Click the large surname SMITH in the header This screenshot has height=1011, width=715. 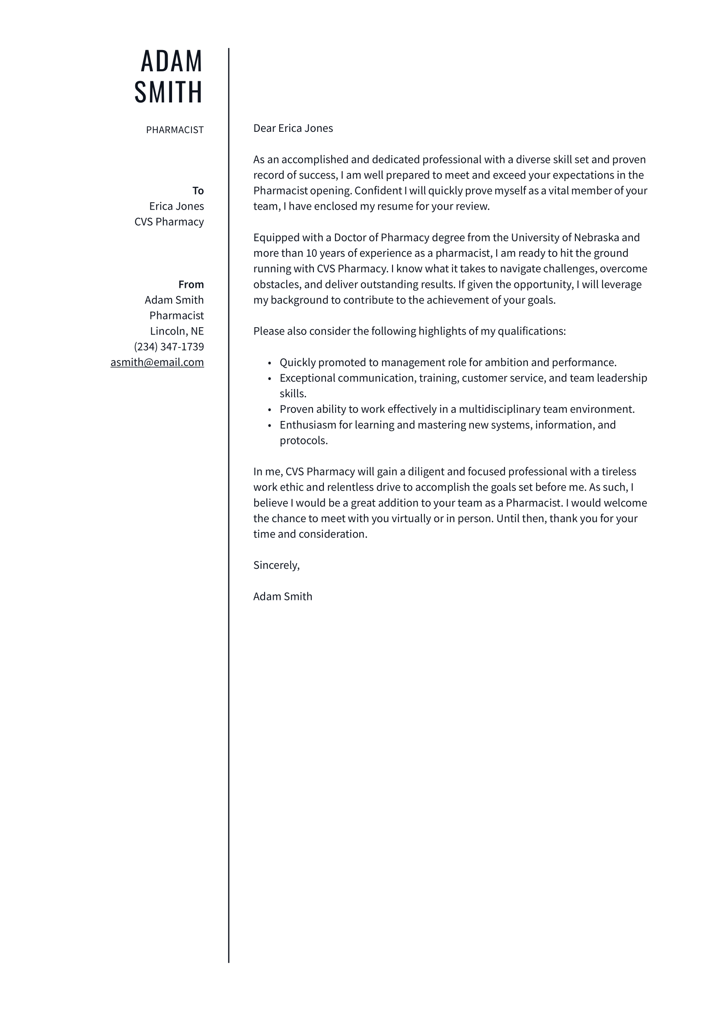[x=169, y=92]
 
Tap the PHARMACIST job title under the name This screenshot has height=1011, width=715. [x=175, y=130]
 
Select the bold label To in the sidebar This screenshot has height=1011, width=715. [x=198, y=191]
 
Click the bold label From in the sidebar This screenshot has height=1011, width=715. [x=191, y=284]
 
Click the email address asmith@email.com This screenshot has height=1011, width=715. [x=157, y=362]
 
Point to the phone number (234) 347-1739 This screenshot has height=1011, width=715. [x=169, y=347]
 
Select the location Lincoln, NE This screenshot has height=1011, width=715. [x=177, y=331]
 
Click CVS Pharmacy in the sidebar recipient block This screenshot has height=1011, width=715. [x=169, y=222]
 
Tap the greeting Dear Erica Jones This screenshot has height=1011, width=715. [x=293, y=128]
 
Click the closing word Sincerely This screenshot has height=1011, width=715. [x=276, y=565]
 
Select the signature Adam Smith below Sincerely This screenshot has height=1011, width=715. [x=283, y=596]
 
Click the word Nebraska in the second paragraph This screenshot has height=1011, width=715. [x=597, y=238]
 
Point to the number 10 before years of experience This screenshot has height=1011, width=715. [x=311, y=253]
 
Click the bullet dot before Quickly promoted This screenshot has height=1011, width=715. [x=269, y=363]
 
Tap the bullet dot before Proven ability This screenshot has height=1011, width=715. [x=269, y=410]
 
